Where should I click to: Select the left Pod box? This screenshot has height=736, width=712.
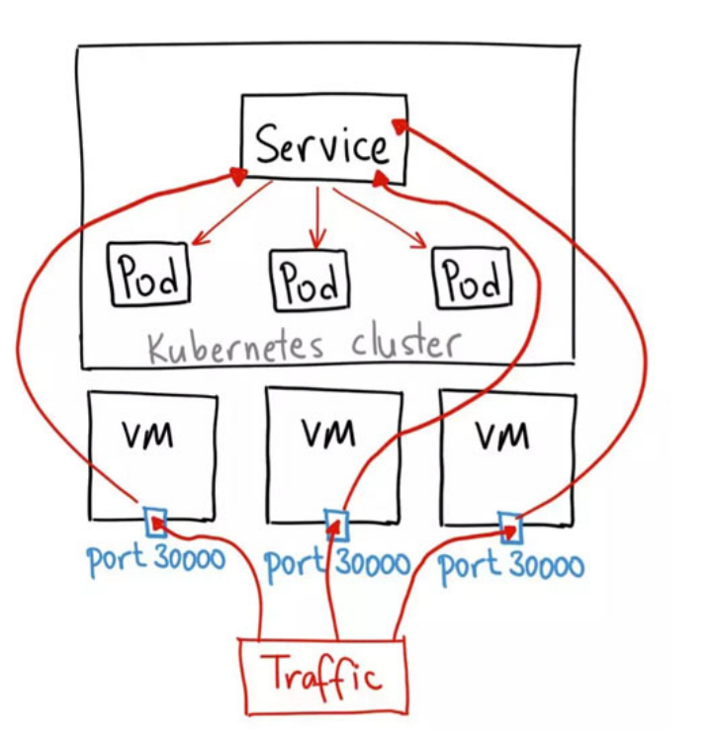click(149, 277)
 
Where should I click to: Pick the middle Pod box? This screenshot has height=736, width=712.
click(311, 280)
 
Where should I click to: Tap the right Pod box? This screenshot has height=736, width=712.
click(472, 279)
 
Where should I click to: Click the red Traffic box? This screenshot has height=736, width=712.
click(323, 677)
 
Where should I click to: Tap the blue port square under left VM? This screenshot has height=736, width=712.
click(155, 521)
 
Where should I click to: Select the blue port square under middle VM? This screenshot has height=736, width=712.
click(336, 522)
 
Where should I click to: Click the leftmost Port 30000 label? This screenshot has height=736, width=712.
click(155, 559)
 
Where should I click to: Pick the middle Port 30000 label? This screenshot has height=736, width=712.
click(337, 563)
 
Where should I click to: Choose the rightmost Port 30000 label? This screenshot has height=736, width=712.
click(510, 566)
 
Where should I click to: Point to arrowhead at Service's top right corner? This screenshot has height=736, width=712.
click(399, 124)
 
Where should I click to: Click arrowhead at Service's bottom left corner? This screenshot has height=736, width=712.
click(238, 174)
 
